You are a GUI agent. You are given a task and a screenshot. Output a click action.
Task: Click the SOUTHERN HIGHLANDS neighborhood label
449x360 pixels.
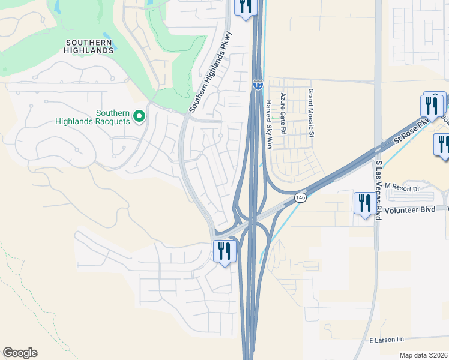click(89, 46)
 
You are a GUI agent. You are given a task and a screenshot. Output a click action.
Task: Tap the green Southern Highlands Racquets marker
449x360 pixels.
click(139, 116)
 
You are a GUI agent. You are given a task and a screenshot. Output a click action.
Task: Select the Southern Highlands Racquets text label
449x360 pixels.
click(92, 117)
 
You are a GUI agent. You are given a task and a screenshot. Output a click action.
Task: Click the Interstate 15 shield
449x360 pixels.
click(258, 86)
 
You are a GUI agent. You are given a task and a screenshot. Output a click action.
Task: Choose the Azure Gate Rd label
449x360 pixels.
click(283, 113)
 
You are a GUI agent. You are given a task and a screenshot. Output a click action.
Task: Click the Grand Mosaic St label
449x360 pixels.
click(311, 113)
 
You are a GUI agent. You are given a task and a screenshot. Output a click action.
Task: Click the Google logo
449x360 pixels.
click(20, 353)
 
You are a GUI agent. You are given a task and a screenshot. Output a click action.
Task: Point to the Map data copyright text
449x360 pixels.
click(423, 355)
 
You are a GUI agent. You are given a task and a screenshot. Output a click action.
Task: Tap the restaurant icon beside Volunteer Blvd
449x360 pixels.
click(364, 204)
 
